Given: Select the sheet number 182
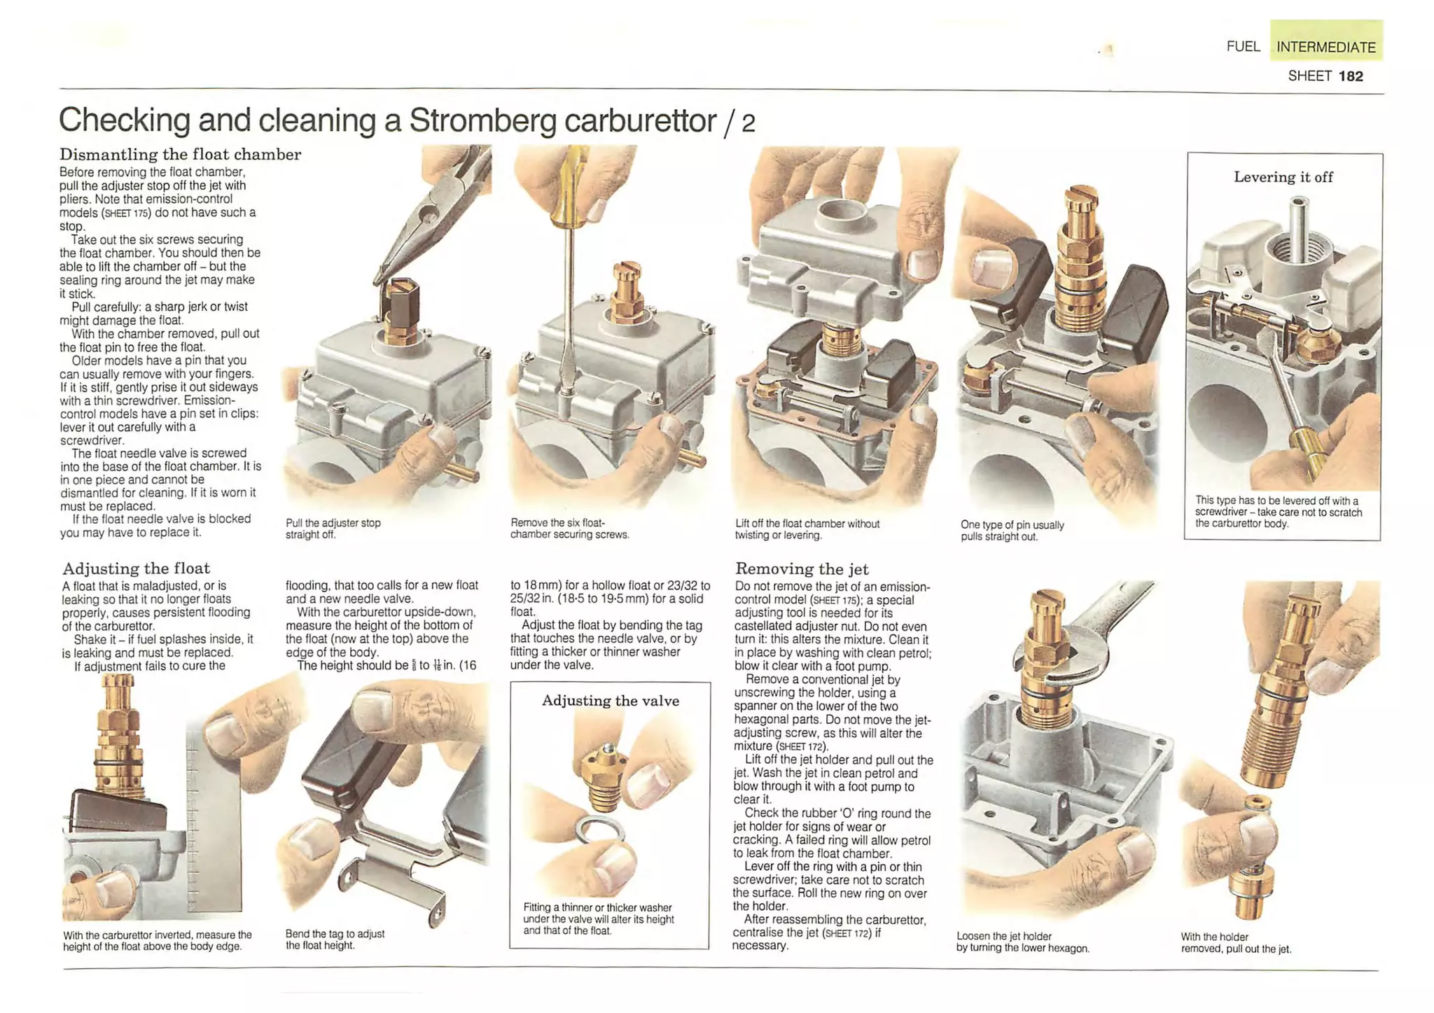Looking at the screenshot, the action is click(1351, 76).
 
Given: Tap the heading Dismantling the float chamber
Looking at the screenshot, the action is click(180, 154).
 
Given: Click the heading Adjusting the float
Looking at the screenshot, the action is click(136, 568).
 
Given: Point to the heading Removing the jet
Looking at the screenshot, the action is click(802, 568).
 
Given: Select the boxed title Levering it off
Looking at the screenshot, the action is click(1283, 177).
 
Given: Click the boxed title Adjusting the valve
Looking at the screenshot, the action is click(611, 701).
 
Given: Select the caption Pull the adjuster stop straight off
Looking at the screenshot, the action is click(333, 529).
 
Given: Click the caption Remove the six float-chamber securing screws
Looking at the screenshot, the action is click(570, 529).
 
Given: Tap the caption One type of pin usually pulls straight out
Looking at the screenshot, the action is click(1012, 531).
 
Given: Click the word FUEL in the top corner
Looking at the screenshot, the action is click(1243, 46).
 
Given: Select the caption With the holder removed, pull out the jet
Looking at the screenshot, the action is click(1236, 943).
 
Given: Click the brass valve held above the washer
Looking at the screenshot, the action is click(603, 773).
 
